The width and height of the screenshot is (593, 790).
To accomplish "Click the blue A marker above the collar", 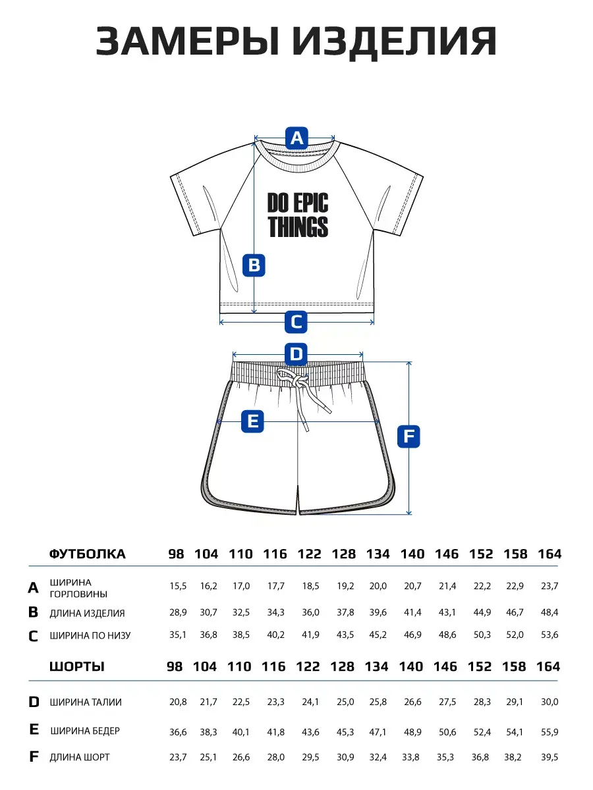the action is [x=296, y=138].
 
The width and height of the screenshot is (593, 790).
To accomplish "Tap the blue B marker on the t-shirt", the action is [x=254, y=265].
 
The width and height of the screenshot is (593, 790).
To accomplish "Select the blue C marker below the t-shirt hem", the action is [x=296, y=322].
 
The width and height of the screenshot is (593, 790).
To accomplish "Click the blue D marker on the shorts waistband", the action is [x=296, y=355].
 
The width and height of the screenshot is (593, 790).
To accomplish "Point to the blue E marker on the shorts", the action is [x=253, y=421].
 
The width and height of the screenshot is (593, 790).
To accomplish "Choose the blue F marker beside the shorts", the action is [x=409, y=436].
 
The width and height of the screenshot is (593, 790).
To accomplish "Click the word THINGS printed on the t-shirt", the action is [x=298, y=227].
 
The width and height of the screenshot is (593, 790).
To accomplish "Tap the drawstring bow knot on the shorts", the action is [x=295, y=380].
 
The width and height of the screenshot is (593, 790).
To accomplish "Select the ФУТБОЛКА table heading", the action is [x=87, y=554].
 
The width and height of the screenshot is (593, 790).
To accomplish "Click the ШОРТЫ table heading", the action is [x=76, y=666].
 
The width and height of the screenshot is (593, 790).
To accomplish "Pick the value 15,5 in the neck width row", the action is [x=178, y=585].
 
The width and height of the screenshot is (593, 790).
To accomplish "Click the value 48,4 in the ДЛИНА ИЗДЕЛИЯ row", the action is [x=550, y=613].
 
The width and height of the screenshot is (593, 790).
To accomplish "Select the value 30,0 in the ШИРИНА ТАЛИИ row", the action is [x=550, y=702].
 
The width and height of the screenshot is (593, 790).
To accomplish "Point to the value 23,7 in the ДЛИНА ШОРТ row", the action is [x=178, y=757].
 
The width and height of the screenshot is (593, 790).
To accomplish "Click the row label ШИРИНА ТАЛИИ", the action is [x=86, y=702].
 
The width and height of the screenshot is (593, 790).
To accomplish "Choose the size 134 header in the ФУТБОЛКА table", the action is [x=378, y=554].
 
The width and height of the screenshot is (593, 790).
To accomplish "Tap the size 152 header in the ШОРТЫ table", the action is [x=480, y=666].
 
